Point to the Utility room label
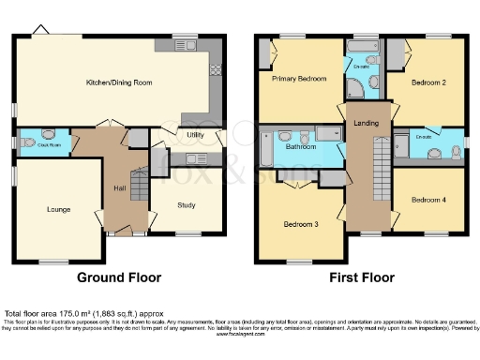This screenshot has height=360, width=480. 196,135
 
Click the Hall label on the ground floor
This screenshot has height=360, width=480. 120,185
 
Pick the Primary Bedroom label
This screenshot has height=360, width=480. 299,79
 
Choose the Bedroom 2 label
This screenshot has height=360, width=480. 427,83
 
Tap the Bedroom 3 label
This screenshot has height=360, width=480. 302,224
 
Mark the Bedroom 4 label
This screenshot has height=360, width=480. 428,199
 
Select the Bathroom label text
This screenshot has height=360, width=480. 300,146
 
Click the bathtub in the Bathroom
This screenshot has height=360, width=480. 266,147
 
